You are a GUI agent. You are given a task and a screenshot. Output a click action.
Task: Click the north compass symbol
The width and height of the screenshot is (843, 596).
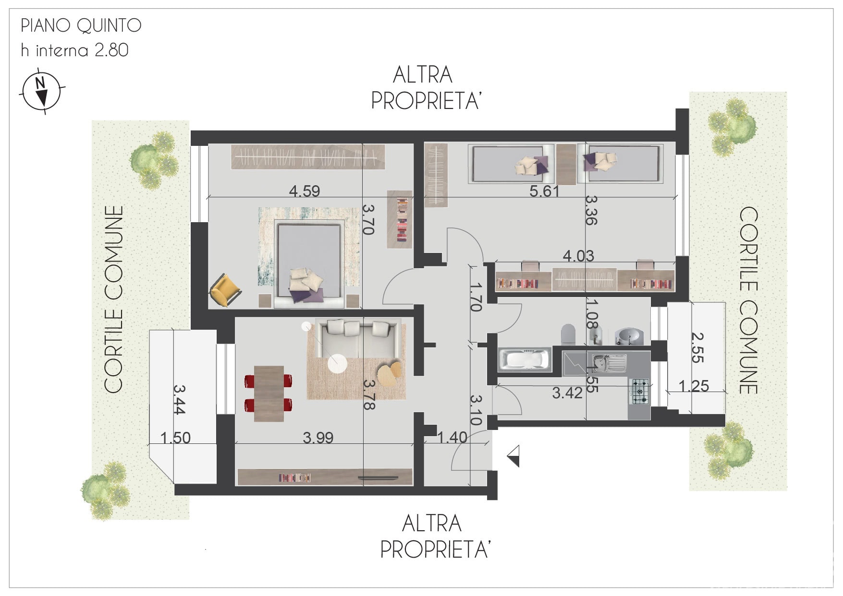[42, 91]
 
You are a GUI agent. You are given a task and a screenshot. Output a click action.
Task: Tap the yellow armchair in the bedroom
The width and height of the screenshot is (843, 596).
[225, 288]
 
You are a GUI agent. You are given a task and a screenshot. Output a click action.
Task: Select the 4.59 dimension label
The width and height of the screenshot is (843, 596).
[305, 191]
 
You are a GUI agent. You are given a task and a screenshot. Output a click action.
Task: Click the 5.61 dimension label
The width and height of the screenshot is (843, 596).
[545, 191]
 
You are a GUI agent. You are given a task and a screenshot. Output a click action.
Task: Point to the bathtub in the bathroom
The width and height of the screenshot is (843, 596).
[524, 360]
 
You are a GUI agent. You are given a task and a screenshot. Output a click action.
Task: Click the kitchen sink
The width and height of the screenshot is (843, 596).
[609, 363]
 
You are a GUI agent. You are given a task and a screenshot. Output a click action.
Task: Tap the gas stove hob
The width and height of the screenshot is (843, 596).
[639, 391]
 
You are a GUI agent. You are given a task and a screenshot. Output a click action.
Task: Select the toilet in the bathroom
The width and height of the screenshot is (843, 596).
[568, 334]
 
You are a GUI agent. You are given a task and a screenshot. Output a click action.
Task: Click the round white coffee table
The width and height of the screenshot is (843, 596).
[337, 363]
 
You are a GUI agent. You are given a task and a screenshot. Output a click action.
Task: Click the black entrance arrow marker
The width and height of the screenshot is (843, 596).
[513, 456]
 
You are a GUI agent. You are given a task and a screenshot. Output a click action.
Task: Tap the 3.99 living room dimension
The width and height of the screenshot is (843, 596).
[318, 438]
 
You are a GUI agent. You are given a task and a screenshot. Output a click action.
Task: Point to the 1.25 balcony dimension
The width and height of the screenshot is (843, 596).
[694, 385]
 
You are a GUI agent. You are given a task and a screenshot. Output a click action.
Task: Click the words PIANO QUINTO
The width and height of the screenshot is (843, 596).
[81, 26]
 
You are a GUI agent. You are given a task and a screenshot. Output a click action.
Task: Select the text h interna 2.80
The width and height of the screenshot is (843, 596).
[75, 50]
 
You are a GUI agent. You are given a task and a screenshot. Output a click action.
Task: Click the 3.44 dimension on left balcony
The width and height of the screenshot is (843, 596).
[179, 400]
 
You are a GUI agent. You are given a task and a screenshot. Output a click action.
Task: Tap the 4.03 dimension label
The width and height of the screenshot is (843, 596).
[578, 256]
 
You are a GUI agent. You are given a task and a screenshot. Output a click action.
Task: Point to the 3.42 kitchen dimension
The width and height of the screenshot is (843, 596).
[567, 393]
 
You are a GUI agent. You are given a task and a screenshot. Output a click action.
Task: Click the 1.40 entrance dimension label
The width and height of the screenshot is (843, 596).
[452, 437]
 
